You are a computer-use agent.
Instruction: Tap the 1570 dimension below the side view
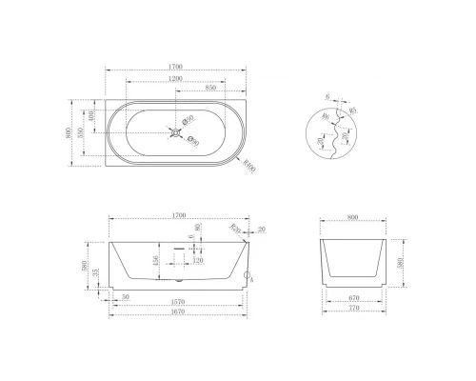[176, 304]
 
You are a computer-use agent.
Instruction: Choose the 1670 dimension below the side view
[176, 314]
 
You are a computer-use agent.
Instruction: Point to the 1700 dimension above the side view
[178, 216]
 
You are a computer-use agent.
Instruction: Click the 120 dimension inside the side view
[199, 259]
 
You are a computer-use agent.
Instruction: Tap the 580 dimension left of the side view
[86, 267]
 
